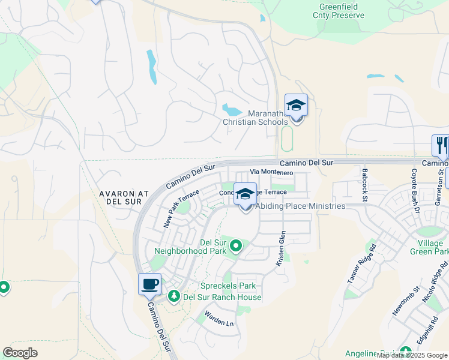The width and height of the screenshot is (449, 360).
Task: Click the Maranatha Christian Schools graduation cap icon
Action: click(x=296, y=106)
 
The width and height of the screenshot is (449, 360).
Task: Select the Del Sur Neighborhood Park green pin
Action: click(x=236, y=245)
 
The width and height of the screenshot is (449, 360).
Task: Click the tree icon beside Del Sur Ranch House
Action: click(x=174, y=296)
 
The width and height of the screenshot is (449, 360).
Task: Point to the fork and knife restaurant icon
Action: click(x=442, y=146)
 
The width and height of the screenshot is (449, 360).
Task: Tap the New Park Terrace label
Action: click(x=181, y=208)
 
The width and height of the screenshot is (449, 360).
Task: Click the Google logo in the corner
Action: click(x=20, y=353)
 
